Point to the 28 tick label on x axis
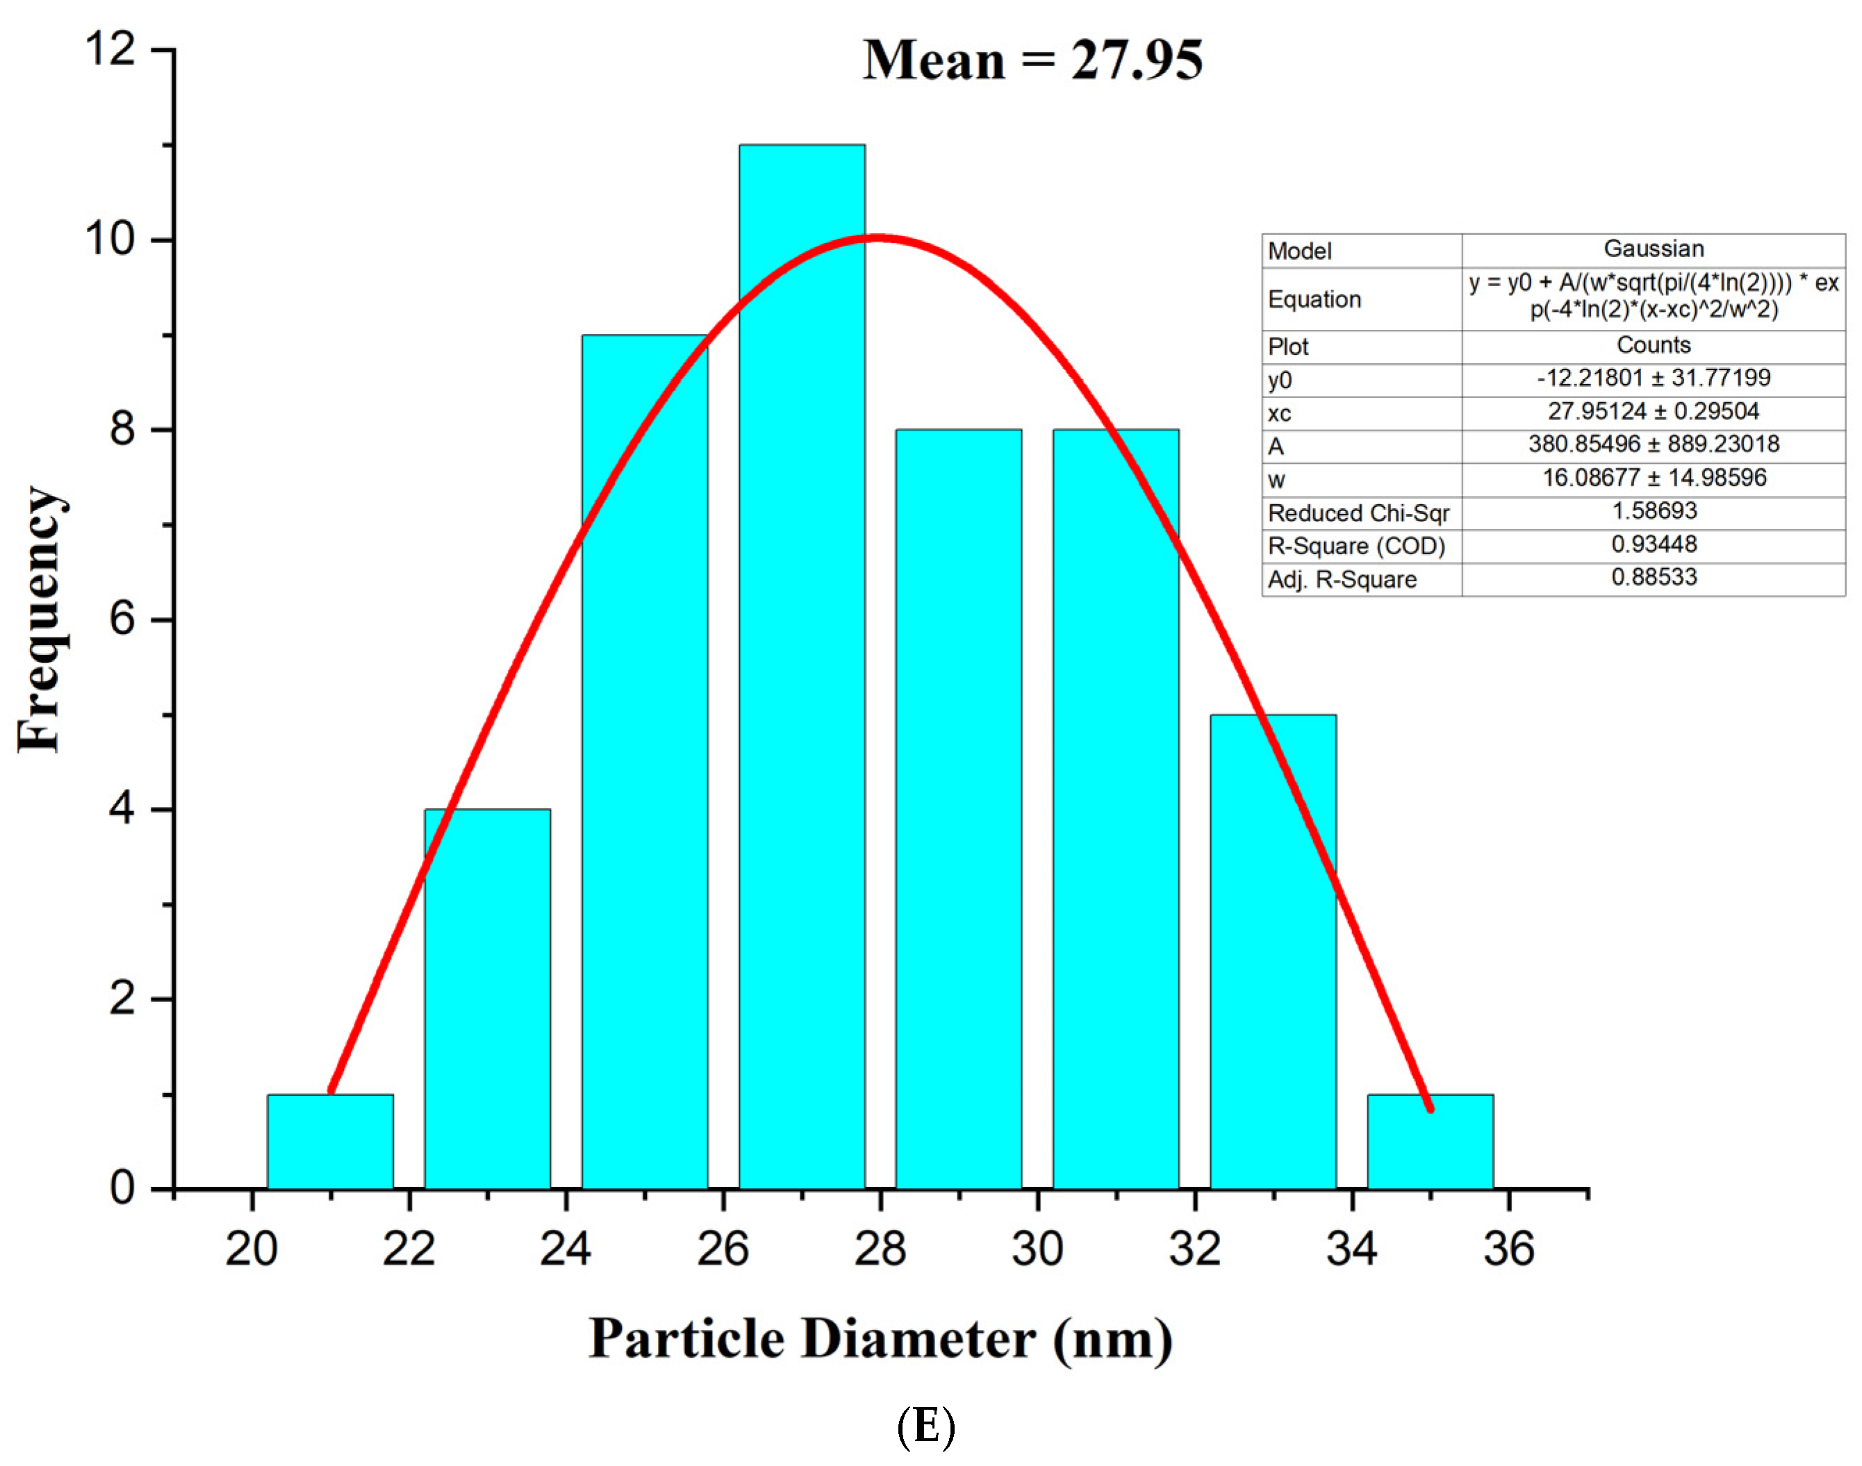[880, 1249]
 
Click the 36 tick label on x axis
[1508, 1249]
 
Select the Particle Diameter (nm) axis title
[880, 1339]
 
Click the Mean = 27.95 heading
[1032, 60]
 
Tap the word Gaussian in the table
[1653, 249]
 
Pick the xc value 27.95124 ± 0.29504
[1653, 411]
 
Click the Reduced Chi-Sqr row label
[1358, 513]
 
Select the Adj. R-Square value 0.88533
[1653, 577]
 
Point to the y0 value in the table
[1653, 378]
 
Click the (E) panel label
[925, 1426]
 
